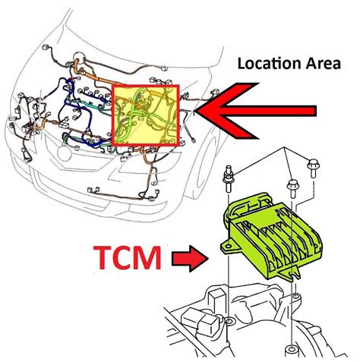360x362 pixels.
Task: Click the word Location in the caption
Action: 270,64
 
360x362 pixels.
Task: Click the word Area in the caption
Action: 324,64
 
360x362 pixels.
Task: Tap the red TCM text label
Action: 127,257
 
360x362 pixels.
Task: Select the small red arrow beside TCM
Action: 190,258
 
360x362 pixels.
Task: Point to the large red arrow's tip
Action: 196,111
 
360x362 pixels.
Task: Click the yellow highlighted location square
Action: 146,115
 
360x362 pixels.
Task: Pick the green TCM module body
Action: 271,237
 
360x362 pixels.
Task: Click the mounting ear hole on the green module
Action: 228,247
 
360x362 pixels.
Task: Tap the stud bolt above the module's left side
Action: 229,178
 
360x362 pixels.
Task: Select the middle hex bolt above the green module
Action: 293,188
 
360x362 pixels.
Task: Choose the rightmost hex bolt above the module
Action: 313,168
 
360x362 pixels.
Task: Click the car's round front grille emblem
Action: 65,153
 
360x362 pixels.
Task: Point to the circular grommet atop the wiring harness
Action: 79,58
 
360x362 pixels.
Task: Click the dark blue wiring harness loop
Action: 76,112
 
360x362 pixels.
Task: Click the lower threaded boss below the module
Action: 292,351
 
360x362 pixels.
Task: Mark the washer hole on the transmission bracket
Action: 230,321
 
